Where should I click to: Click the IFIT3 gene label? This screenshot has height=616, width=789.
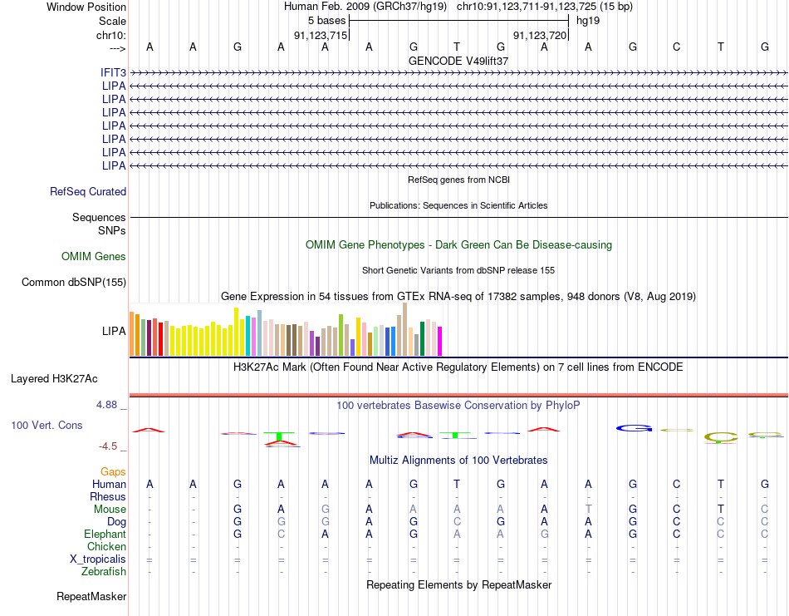pyautogui.click(x=113, y=72)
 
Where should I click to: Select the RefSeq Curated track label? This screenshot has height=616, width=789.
pyautogui.click(x=88, y=191)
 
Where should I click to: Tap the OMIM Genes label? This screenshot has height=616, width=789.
pyautogui.click(x=94, y=256)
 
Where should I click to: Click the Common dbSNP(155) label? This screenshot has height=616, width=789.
pyautogui.click(x=74, y=282)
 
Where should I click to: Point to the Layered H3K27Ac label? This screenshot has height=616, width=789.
pyautogui.click(x=54, y=379)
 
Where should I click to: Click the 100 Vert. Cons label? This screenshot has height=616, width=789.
pyautogui.click(x=47, y=425)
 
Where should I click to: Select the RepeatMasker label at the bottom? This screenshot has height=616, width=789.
pyautogui.click(x=91, y=596)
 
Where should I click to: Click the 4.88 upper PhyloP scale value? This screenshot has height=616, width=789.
pyautogui.click(x=106, y=405)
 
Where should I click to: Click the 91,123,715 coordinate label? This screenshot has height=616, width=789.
pyautogui.click(x=321, y=35)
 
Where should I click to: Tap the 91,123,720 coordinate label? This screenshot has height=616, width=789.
pyautogui.click(x=540, y=35)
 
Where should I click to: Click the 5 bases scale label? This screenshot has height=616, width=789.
pyautogui.click(x=327, y=21)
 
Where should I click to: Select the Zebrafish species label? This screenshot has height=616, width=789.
pyautogui.click(x=104, y=572)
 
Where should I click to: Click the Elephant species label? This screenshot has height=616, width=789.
pyautogui.click(x=105, y=534)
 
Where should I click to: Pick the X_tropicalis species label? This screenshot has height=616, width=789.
pyautogui.click(x=98, y=559)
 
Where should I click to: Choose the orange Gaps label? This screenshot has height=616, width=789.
pyautogui.click(x=113, y=471)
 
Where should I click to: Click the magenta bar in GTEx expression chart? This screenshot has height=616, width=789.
pyautogui.click(x=440, y=342)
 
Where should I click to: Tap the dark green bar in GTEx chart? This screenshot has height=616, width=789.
pyautogui.click(x=422, y=339)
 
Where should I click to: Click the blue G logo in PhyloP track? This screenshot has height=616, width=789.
pyautogui.click(x=634, y=429)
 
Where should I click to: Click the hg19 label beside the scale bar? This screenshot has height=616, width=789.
pyautogui.click(x=588, y=21)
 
